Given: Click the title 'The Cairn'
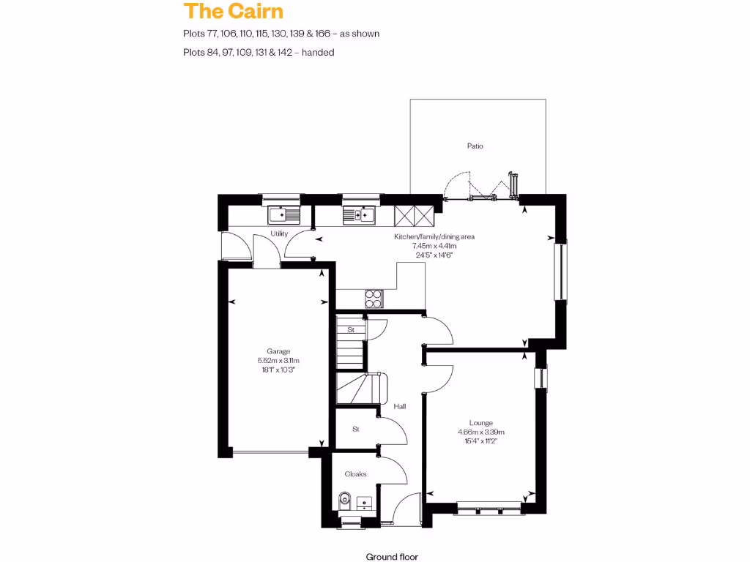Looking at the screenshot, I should tap(233, 11).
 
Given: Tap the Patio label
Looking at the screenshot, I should tap(475, 146).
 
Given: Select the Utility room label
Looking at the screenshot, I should tap(279, 234).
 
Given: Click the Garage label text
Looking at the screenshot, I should tap(279, 351).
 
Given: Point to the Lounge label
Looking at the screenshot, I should tap(481, 423).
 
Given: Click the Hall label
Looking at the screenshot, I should tap(400, 406).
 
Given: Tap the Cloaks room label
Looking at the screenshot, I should tap(355, 474).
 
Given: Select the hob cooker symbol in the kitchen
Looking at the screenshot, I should tap(374, 299).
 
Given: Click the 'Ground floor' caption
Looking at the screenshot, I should tap(392, 556).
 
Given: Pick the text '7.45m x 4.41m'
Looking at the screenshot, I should tap(434, 247).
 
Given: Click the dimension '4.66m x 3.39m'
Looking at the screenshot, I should tap(481, 432).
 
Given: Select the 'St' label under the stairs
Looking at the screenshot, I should tap(352, 330).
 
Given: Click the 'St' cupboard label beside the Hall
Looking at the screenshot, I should tap(356, 430).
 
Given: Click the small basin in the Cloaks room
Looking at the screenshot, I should tap(364, 502).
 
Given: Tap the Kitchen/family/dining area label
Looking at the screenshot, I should tap(434, 237).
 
